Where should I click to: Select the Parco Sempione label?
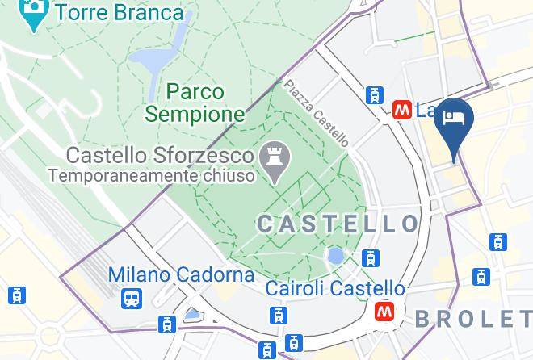[x=196, y=103]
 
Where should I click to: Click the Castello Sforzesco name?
[x=160, y=154]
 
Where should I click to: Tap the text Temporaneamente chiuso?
[x=151, y=174]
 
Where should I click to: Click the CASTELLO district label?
[x=338, y=224]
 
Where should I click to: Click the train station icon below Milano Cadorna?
[x=131, y=299]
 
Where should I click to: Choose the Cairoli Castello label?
[x=335, y=288]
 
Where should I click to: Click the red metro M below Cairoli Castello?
[x=384, y=311]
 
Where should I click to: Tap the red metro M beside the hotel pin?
[x=401, y=110]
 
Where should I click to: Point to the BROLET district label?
[x=473, y=319]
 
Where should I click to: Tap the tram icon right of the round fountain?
[x=371, y=258]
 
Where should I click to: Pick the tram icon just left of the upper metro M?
[x=374, y=94]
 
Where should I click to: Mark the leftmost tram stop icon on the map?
[x=17, y=295]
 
